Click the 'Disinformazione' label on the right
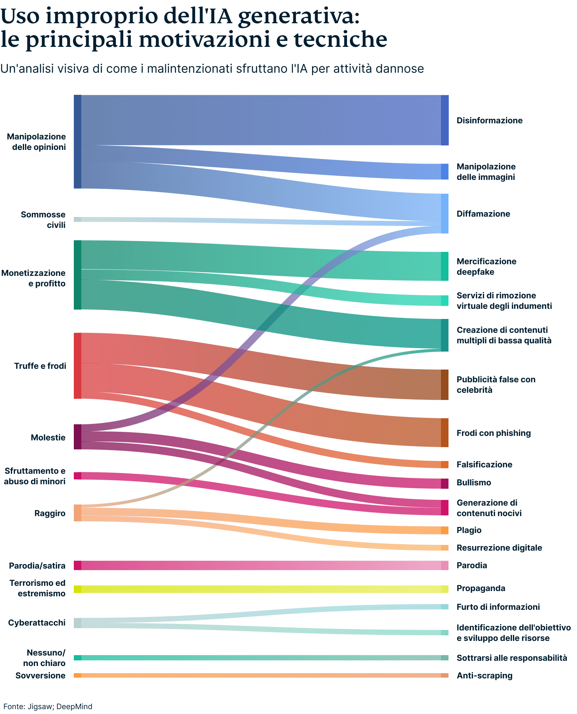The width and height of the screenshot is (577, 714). click(489, 120)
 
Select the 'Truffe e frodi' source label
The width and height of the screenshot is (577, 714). click(40, 366)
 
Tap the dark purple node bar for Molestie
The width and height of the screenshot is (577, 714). click(78, 437)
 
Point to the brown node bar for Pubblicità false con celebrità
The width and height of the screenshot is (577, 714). click(445, 385)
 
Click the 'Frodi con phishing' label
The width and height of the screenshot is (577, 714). click(493, 433)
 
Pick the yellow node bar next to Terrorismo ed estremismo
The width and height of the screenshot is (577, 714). click(78, 589)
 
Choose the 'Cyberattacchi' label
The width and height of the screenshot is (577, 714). click(37, 623)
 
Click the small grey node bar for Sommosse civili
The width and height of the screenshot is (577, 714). click(78, 219)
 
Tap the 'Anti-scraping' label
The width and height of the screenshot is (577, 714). click(484, 675)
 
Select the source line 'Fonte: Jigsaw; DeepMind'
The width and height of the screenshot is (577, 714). click(48, 707)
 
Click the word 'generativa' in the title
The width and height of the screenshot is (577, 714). click(298, 16)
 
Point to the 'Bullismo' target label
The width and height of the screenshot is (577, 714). click(474, 482)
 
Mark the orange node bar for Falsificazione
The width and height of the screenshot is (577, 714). click(445, 464)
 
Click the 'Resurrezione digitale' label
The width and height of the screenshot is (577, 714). click(499, 548)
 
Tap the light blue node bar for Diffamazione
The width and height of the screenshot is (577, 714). click(445, 214)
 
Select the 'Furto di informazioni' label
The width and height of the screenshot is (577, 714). click(498, 607)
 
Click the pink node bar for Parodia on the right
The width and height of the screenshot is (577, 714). click(445, 565)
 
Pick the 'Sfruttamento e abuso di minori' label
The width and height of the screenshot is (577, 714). click(35, 476)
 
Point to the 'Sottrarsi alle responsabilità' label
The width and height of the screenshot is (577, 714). click(511, 658)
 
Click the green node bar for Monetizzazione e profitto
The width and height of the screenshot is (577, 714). click(78, 275)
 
